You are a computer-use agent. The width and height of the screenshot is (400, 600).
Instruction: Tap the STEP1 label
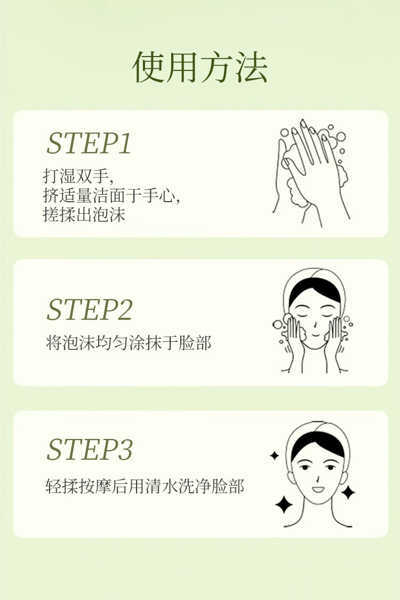tap(89, 143)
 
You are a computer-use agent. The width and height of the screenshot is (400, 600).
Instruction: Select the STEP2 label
tap(90, 309)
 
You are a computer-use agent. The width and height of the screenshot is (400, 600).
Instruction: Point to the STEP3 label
tap(90, 449)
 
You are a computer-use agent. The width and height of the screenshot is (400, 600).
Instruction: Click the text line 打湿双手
tap(78, 177)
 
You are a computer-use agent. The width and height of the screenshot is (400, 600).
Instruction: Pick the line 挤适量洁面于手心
tap(111, 196)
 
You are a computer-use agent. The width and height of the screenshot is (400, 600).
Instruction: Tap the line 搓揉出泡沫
tap(84, 214)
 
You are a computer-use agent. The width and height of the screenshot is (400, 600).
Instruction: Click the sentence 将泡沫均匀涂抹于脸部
tap(129, 342)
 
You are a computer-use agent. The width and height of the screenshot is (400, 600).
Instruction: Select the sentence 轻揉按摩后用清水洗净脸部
tap(145, 486)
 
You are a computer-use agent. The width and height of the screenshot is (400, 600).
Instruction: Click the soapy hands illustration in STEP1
tap(310, 173)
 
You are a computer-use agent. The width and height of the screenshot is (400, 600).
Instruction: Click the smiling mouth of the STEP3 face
tap(318, 490)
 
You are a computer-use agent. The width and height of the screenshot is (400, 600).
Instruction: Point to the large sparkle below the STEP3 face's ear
tap(284, 505)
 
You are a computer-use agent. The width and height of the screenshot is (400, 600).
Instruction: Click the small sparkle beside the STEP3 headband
tap(274, 455)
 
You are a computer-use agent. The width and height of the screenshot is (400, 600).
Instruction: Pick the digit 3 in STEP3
tap(125, 449)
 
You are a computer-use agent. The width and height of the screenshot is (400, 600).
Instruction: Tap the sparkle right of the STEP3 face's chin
tap(348, 492)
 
